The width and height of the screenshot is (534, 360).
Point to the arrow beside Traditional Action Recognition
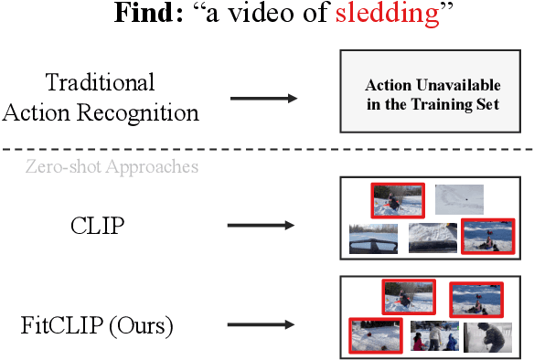click(x=263, y=98)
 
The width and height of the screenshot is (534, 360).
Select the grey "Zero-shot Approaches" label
click(x=112, y=167)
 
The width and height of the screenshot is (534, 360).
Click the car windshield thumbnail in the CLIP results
click(x=374, y=239)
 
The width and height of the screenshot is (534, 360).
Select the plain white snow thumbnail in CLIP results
click(x=458, y=196)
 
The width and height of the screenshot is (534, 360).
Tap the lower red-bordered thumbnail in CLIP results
click(x=486, y=237)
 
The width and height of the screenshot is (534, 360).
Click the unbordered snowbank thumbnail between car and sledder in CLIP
click(x=433, y=238)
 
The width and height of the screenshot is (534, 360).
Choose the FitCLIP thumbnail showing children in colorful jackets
click(x=434, y=335)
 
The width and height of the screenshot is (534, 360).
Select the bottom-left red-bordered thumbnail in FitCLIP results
click(x=376, y=335)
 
